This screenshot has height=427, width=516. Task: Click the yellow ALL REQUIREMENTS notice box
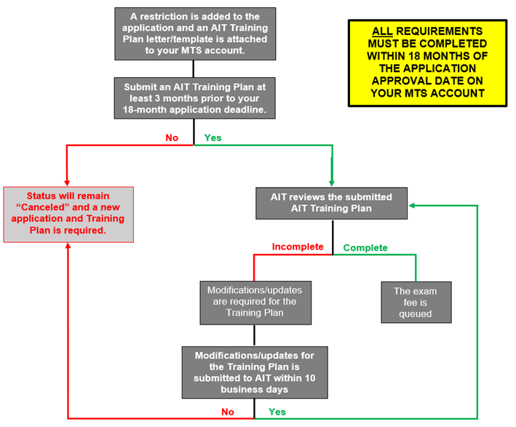426,63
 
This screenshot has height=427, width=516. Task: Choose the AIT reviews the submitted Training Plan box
331,203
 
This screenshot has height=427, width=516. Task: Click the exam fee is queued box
415,303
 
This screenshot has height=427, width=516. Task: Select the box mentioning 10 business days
254,372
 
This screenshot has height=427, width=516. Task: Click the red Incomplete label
297,247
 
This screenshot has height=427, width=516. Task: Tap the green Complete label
365,247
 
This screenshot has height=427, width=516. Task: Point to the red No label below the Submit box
172,137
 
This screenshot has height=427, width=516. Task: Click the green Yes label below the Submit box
213,137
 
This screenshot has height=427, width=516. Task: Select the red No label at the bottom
228,412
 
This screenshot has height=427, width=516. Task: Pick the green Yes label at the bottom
277,412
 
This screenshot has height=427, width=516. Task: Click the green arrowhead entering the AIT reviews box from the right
413,206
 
